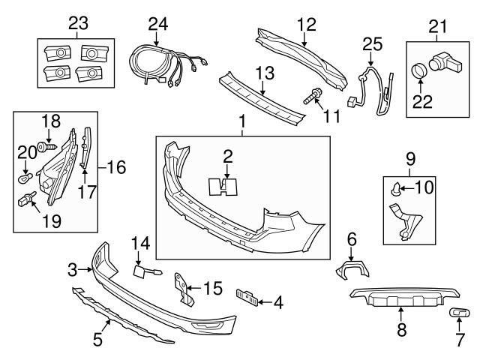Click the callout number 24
(x=157, y=23)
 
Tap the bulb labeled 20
(x=25, y=178)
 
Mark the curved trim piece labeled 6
(x=347, y=268)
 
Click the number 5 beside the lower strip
(x=97, y=340)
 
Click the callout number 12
(x=307, y=23)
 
